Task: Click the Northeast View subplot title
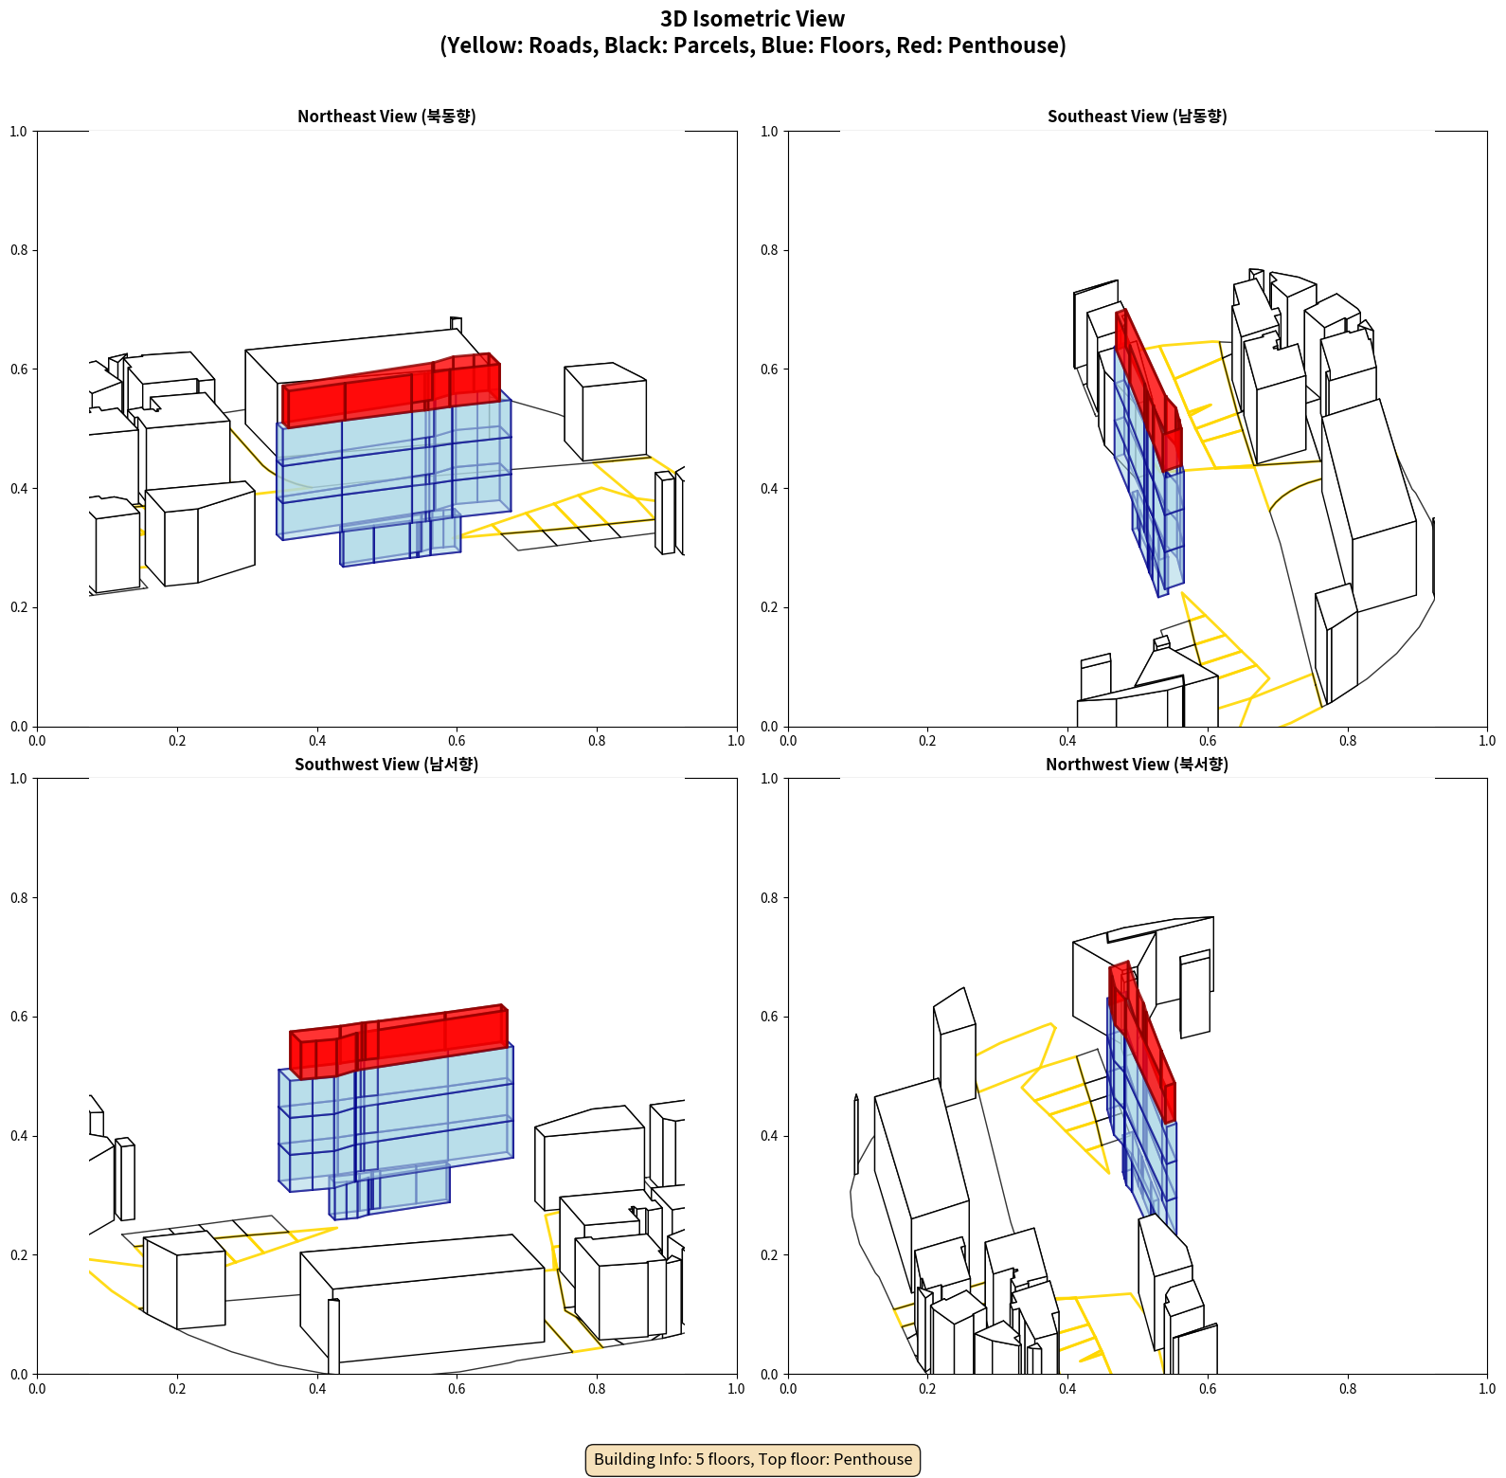click(x=386, y=117)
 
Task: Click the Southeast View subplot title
click(x=1137, y=117)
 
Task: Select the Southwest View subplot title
click(x=386, y=765)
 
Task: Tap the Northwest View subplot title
click(x=1137, y=765)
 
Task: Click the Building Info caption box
click(x=753, y=1459)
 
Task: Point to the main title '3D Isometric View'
click(x=753, y=19)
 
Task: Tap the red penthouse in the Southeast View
click(x=1148, y=388)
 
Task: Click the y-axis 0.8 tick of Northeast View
click(x=19, y=250)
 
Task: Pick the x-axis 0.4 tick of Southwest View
click(x=317, y=1389)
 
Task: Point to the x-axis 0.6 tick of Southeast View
click(x=1208, y=741)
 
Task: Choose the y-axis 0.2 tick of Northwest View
click(x=770, y=1254)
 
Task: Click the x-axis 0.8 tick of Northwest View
click(x=1348, y=1389)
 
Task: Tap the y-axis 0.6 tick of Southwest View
click(x=19, y=1017)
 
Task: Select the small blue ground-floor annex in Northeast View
click(x=398, y=542)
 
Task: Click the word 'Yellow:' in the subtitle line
click(x=484, y=45)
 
